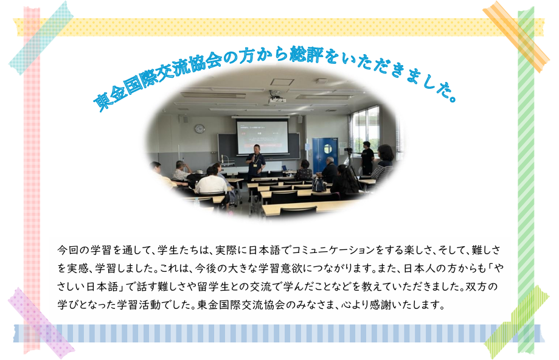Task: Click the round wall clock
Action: point(200,129)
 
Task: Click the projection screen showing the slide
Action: point(262,136)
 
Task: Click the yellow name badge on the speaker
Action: point(255,165)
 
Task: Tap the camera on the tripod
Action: point(349,151)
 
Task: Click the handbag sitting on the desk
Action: point(318,185)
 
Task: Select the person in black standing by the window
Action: point(367,157)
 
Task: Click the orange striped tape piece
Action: point(516,36)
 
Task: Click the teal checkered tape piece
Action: point(41,38)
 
